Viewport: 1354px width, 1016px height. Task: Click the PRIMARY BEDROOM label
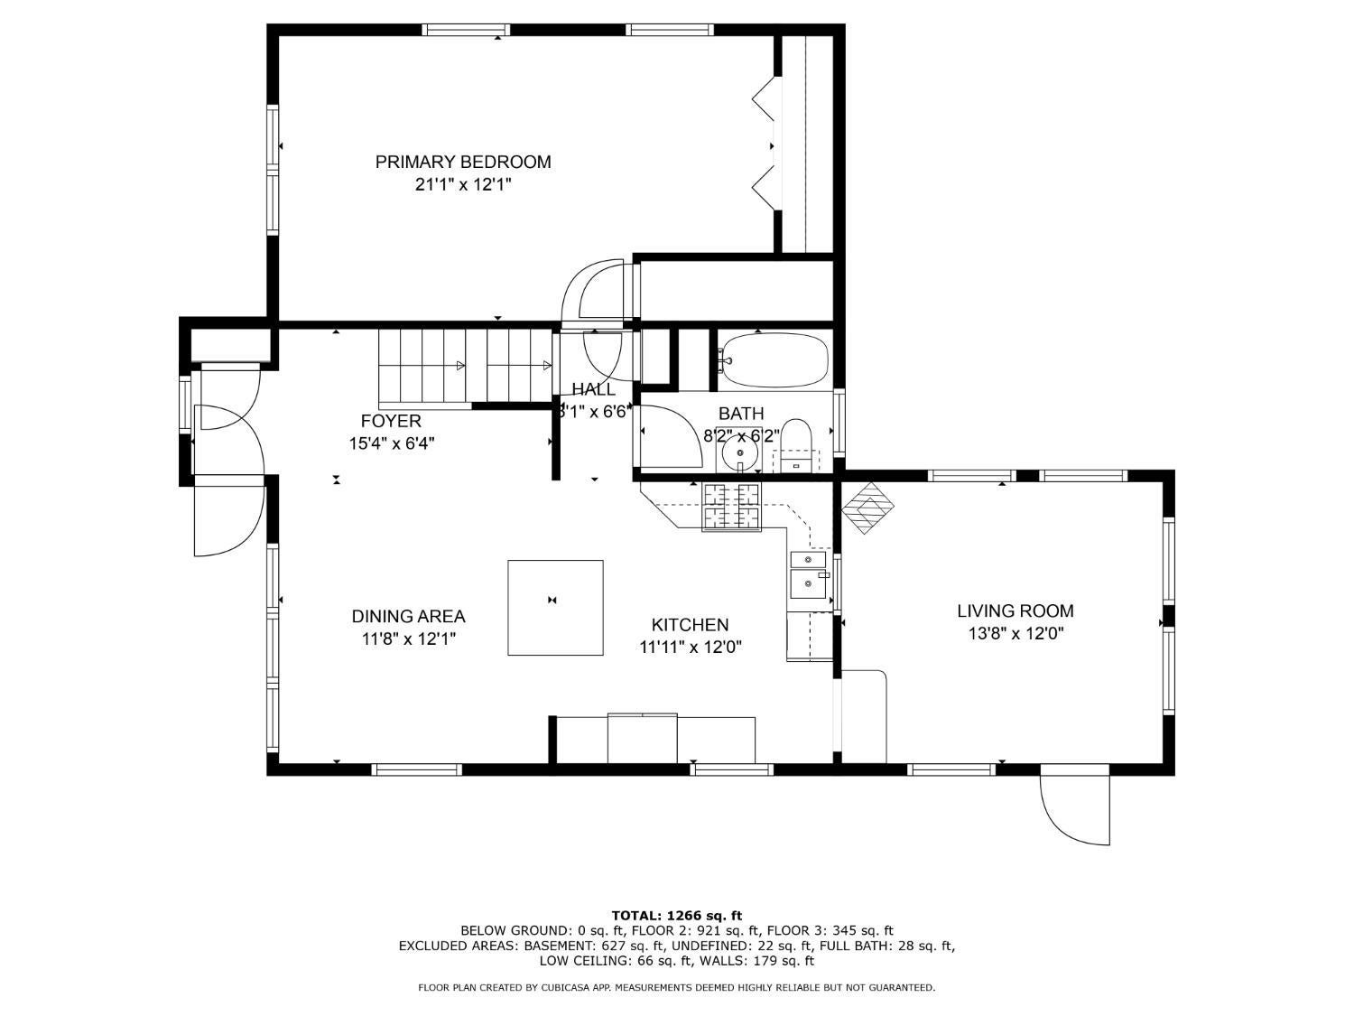click(x=463, y=162)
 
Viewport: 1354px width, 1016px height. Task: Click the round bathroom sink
click(x=740, y=451)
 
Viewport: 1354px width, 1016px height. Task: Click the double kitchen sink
click(x=808, y=574)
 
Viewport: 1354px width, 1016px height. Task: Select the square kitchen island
click(x=555, y=607)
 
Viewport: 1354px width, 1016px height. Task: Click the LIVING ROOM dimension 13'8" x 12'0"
click(x=1015, y=634)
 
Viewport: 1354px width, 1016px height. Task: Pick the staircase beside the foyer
click(x=465, y=366)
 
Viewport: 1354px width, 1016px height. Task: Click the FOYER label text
click(x=391, y=421)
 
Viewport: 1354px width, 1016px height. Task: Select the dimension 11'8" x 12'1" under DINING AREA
click(x=408, y=639)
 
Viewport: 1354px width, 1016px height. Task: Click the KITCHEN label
click(x=690, y=625)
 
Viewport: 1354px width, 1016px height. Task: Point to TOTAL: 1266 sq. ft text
click(x=676, y=916)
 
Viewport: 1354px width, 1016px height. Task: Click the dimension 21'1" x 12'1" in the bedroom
click(x=463, y=185)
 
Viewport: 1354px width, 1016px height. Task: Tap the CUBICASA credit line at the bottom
click(x=676, y=988)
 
